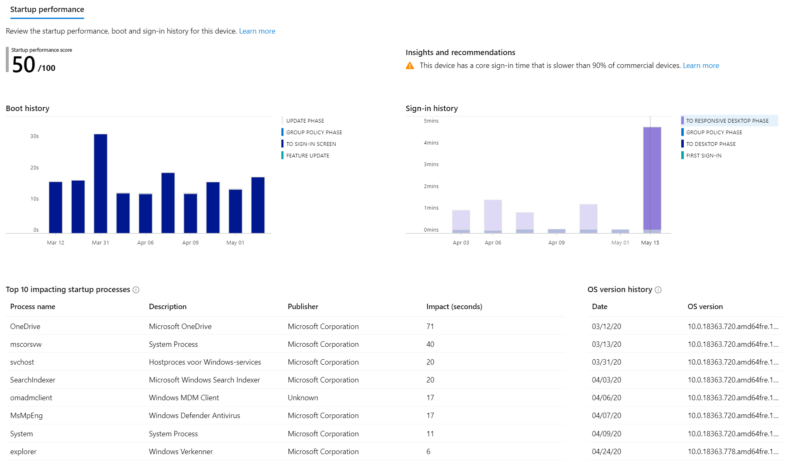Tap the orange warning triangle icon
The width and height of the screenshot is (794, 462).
click(x=409, y=66)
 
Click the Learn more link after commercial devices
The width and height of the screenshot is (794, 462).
click(x=700, y=65)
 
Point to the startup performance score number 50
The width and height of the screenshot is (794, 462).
click(x=24, y=65)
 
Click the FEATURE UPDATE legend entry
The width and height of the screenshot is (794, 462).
click(x=307, y=156)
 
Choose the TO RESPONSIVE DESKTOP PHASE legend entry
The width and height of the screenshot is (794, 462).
click(x=727, y=121)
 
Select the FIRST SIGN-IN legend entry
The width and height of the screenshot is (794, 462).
click(x=703, y=156)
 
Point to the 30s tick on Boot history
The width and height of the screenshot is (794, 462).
click(x=34, y=136)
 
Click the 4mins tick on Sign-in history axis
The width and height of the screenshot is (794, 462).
click(x=431, y=143)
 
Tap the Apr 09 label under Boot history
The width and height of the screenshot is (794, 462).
click(x=190, y=243)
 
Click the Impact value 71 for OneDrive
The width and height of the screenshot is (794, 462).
click(x=430, y=327)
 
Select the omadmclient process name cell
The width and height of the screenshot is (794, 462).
click(x=31, y=398)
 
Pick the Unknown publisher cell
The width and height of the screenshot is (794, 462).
click(x=303, y=398)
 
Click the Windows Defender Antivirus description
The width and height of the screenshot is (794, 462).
click(x=194, y=416)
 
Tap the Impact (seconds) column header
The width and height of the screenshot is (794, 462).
click(x=454, y=307)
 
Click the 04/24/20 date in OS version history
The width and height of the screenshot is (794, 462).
click(x=606, y=452)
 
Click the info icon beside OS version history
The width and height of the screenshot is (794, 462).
click(x=658, y=290)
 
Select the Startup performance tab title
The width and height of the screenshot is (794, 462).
click(x=47, y=10)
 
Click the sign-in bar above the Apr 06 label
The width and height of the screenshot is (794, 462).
click(x=493, y=215)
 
